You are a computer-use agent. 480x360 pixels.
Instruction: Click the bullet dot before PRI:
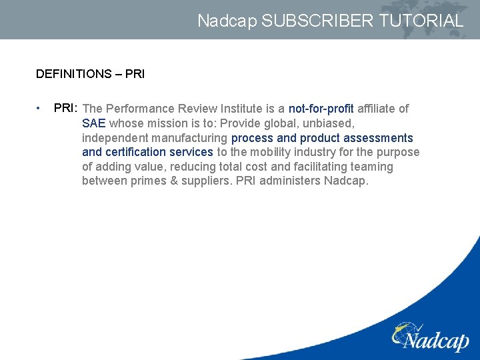[40, 108]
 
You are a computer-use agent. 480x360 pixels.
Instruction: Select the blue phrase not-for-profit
[321, 109]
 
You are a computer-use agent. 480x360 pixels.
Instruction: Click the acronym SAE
[93, 123]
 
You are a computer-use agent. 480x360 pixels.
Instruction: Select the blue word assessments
[378, 138]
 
